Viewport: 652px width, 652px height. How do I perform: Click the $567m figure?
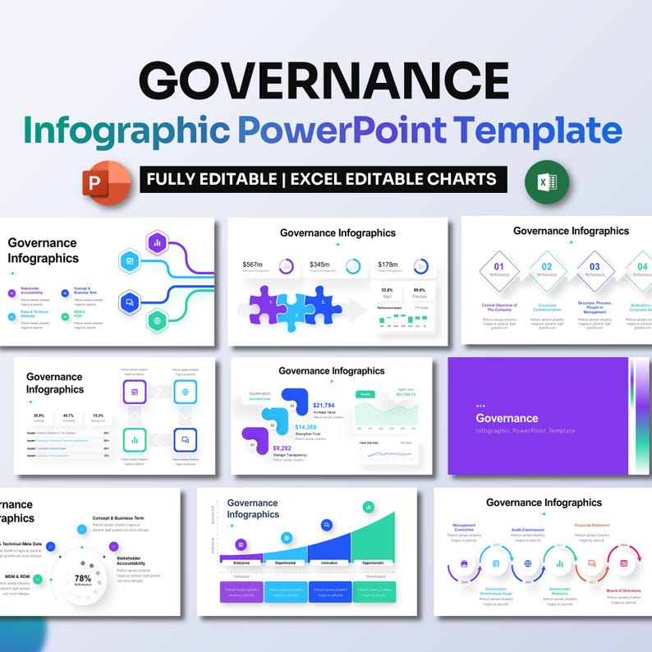(x=253, y=264)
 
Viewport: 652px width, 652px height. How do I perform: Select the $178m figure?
(x=388, y=264)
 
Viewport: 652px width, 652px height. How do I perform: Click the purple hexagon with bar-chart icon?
(x=156, y=242)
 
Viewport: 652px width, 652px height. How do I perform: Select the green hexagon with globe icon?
(x=156, y=320)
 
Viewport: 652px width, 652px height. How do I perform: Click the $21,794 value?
(x=324, y=406)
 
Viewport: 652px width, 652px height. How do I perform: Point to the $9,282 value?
(x=283, y=448)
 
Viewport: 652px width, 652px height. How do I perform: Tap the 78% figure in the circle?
(x=82, y=578)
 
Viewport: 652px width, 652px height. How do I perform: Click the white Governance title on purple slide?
(x=507, y=418)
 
